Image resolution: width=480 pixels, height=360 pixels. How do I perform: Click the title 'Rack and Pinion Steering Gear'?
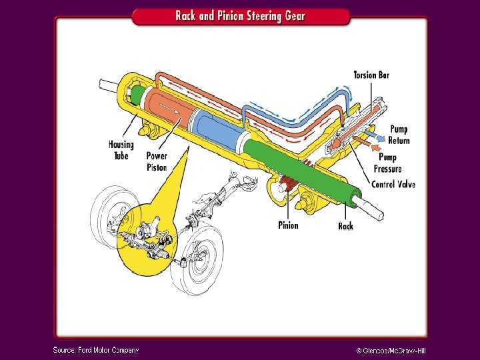click(240, 15)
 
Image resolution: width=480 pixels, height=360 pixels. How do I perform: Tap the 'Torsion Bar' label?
click(371, 75)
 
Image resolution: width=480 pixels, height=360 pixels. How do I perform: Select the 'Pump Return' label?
click(399, 135)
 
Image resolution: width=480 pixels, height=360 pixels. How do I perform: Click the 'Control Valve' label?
click(393, 184)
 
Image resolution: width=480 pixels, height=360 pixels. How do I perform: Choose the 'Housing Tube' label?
click(121, 150)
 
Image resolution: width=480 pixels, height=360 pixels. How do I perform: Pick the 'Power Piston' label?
click(157, 161)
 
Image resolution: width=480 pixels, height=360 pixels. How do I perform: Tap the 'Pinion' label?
click(288, 225)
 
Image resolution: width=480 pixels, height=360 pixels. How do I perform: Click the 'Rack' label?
click(345, 226)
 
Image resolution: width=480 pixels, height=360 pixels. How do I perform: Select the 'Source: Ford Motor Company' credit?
click(96, 349)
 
